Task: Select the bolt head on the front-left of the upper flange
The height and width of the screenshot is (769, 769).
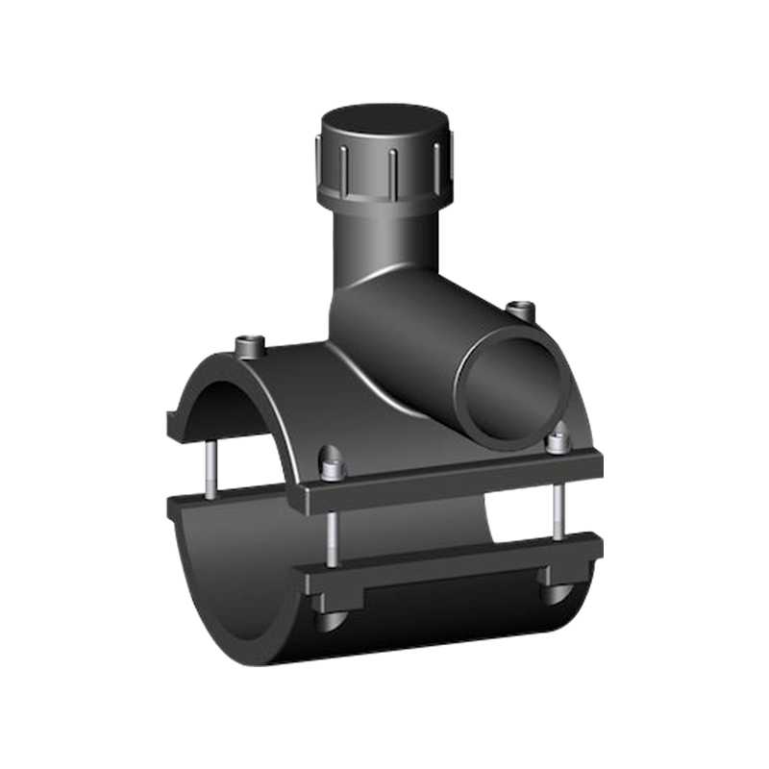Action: pos(333,469)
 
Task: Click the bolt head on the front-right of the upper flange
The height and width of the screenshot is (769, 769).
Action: pos(557,443)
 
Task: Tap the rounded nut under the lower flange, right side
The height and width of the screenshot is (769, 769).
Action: pos(557,591)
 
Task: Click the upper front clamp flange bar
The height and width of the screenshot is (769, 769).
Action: pos(452,481)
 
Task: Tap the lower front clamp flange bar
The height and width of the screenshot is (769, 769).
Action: pos(452,567)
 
